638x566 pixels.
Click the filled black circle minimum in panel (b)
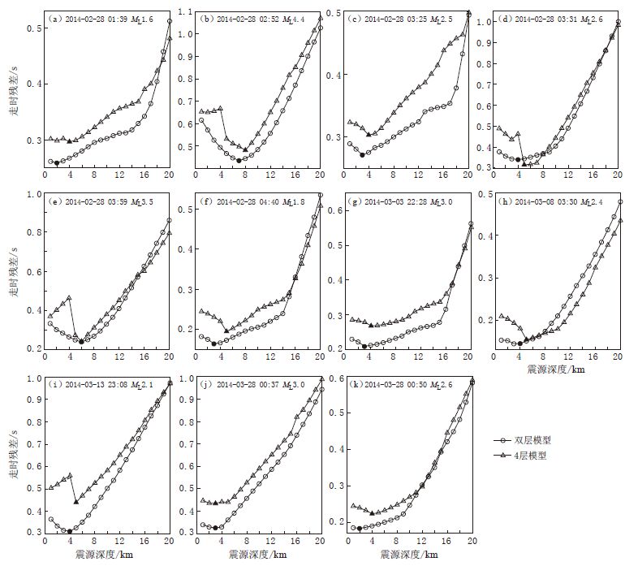click(x=239, y=160)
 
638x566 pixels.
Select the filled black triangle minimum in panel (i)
click(x=75, y=502)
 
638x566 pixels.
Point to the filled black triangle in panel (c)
click(x=369, y=135)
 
